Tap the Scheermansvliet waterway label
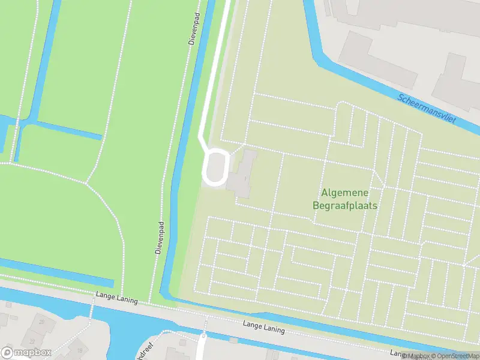tap(427, 108)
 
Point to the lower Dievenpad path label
tap(160, 238)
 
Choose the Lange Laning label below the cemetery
tap(263, 328)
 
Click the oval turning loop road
tap(215, 167)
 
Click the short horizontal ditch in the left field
tap(60, 130)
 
